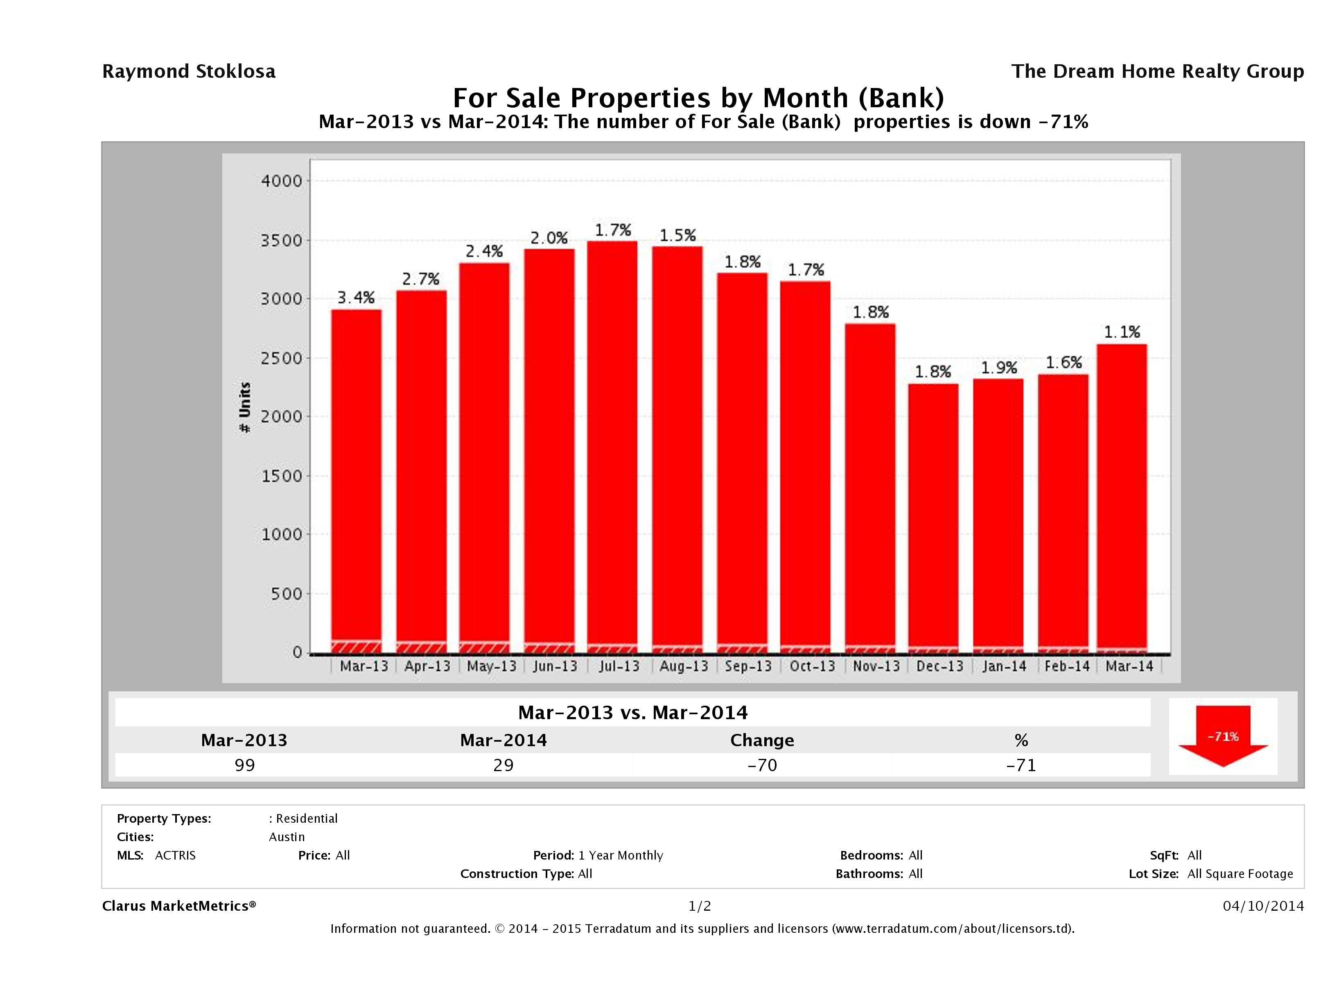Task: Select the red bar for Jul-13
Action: point(612,442)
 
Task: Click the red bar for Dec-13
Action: point(933,514)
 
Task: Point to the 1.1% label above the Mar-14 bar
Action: point(1122,332)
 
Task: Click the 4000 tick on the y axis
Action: point(282,181)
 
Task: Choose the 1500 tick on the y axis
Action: point(282,476)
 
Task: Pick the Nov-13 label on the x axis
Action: point(876,666)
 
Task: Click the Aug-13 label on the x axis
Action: point(683,666)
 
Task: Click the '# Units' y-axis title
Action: point(245,408)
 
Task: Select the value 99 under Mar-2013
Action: point(245,765)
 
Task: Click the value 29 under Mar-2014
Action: point(504,765)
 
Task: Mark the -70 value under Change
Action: point(762,765)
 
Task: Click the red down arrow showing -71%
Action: point(1222,736)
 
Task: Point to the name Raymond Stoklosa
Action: point(189,71)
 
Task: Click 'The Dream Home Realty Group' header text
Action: point(1157,71)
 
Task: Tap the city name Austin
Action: point(287,837)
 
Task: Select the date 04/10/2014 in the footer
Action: point(1263,906)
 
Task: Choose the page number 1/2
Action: point(699,906)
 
